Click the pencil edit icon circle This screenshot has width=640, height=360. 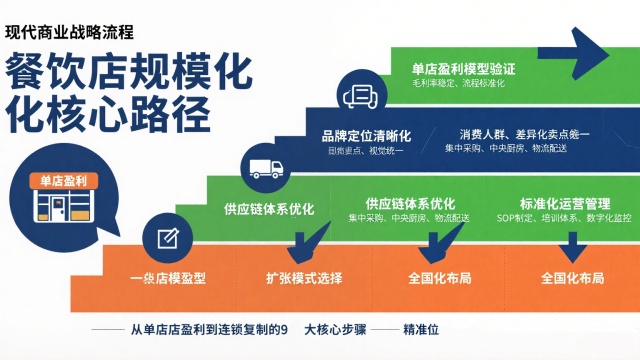coord(163,238)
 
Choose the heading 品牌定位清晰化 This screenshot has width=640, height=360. coord(361,134)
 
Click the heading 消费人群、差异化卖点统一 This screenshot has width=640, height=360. coord(525,134)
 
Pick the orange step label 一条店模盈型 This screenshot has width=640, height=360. coord(165,277)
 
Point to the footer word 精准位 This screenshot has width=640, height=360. coord(423,328)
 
